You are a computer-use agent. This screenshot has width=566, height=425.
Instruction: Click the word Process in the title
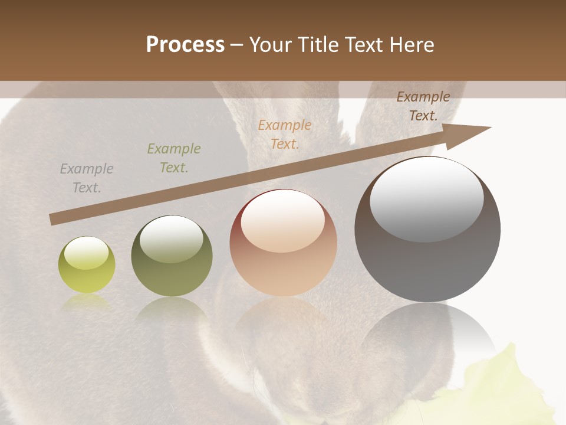point(185,45)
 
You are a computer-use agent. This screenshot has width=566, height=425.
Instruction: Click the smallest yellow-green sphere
point(87,265)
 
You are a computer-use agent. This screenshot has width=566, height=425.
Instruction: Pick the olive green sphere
point(172,256)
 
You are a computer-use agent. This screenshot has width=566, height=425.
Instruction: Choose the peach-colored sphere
point(283,243)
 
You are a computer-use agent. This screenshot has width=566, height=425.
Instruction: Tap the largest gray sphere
point(427,230)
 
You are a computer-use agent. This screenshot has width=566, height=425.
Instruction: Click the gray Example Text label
point(87,178)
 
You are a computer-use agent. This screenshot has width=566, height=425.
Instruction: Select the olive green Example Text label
point(173,158)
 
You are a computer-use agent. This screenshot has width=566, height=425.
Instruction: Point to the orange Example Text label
point(285,134)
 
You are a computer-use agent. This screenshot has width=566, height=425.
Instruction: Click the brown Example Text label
point(423,106)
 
